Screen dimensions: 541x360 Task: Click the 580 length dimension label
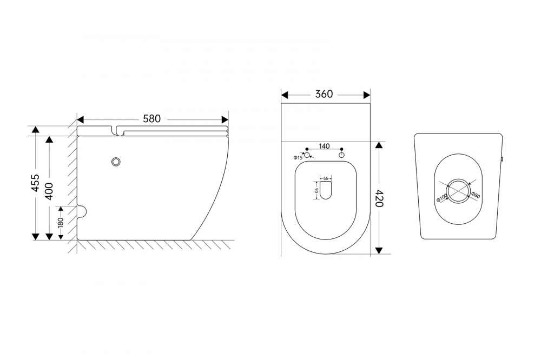[x=152, y=118]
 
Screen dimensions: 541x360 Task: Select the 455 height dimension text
[x=36, y=183]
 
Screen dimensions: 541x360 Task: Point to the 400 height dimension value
[x=49, y=191]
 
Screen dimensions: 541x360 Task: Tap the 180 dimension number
[x=61, y=222]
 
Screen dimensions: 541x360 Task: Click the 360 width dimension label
[x=324, y=94]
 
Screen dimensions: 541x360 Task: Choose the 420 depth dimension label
[x=379, y=198]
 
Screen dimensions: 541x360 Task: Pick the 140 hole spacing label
[x=324, y=146]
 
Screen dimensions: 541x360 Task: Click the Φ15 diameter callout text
[x=298, y=158]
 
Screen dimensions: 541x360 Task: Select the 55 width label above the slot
[x=326, y=178]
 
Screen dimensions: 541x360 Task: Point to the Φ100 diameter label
[x=441, y=197]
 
